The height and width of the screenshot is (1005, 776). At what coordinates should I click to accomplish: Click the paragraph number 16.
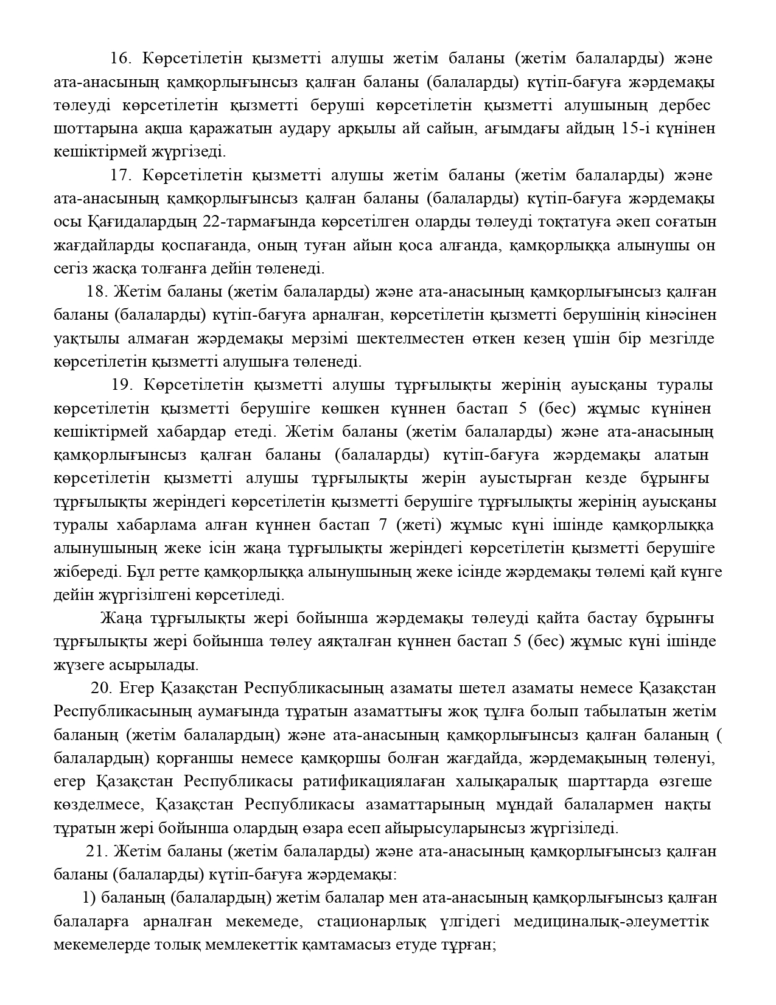[x=121, y=58]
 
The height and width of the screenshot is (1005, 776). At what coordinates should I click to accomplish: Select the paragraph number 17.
[x=121, y=175]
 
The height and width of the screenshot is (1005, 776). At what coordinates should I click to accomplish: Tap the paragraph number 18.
[x=97, y=292]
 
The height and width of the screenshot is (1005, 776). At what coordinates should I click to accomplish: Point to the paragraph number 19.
[x=122, y=385]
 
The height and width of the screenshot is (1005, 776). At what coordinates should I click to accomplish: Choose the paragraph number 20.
[x=101, y=688]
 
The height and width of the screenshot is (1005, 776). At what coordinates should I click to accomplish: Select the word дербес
[x=685, y=105]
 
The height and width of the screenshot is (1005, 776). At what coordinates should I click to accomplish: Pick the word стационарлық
[x=362, y=922]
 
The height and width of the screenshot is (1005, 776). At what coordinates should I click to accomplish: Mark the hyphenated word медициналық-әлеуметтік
[x=611, y=922]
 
